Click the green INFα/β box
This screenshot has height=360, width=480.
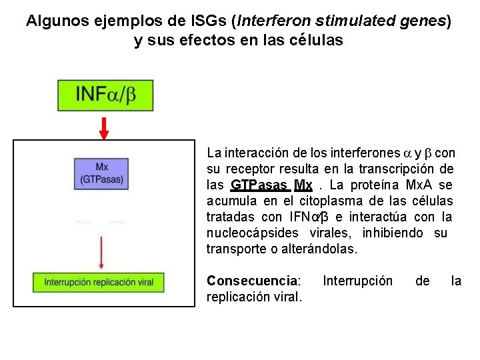105,95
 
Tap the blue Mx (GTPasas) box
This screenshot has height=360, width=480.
102,173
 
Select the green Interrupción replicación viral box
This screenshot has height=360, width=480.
99,282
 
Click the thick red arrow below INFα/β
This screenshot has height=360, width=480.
104,127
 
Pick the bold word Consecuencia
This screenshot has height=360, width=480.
253,281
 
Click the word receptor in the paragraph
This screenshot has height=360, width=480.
252,169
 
